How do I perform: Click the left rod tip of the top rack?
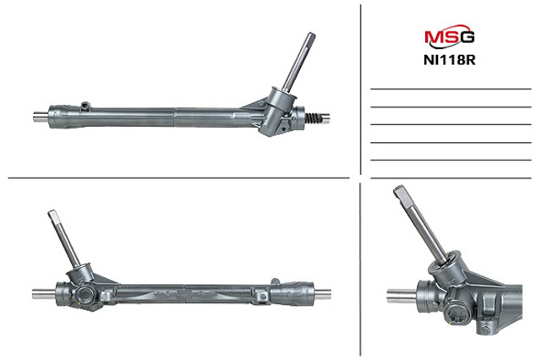tap(37, 117)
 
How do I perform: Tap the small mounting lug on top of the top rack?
tap(85, 106)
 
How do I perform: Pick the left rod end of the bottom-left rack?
tap(39, 295)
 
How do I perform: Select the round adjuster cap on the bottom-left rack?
tap(84, 298)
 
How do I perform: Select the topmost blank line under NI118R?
tap(451, 90)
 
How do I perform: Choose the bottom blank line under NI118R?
tap(451, 160)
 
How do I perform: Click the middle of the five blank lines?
tap(451, 124)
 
